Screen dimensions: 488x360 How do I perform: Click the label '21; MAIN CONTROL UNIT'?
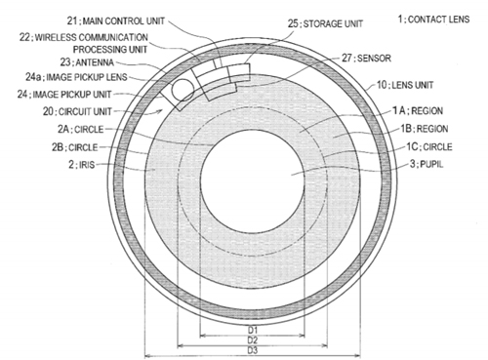[116, 21]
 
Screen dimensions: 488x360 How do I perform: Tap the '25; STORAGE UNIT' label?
[325, 23]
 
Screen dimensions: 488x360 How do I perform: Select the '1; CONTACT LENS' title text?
[433, 20]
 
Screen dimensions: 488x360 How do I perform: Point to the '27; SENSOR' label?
[366, 58]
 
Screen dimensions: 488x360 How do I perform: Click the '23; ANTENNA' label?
[87, 61]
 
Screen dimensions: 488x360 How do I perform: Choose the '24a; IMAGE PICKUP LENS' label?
[76, 77]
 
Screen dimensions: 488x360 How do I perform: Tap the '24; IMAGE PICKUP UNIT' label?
[64, 95]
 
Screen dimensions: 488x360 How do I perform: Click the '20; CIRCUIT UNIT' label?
[77, 111]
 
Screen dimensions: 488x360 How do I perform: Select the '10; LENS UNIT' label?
[405, 85]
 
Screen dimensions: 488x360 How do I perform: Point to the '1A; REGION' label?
[418, 111]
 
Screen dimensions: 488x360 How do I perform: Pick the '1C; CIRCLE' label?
[429, 146]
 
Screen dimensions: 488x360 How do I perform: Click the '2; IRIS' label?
[81, 165]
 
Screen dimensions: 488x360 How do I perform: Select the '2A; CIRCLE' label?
[80, 129]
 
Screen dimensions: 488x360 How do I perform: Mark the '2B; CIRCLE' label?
[74, 147]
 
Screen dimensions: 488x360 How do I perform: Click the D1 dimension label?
[253, 330]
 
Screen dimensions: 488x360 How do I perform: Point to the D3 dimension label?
[253, 350]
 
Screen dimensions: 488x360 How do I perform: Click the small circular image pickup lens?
[183, 90]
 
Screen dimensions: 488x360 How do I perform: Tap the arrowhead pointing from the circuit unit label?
[160, 111]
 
